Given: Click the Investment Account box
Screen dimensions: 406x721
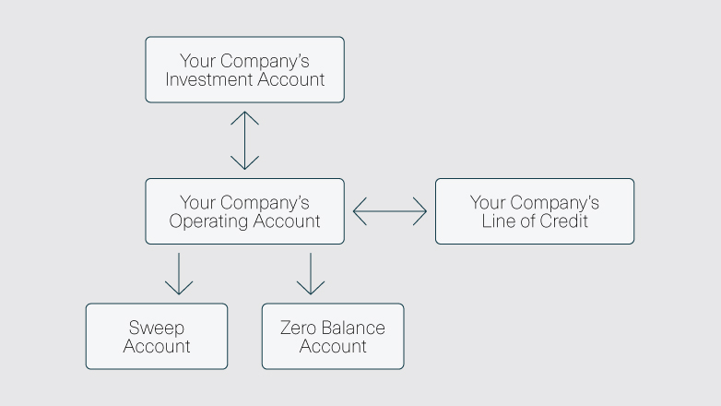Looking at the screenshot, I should point(244,69).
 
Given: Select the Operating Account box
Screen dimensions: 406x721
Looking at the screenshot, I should point(244,211).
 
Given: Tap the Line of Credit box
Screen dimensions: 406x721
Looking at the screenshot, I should point(534,211).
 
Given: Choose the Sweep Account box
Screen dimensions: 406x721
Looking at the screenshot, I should point(156,337).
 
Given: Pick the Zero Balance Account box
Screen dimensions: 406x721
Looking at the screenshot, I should point(333,337).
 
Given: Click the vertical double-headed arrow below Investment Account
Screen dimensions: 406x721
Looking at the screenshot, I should point(244,140).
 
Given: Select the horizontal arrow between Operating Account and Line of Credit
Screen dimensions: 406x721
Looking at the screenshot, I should point(390,211).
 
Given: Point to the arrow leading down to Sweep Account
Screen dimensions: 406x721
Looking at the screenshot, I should point(178,273).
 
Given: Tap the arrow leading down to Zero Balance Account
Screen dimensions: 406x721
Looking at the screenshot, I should point(311,273).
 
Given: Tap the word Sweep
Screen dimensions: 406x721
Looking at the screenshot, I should point(156,328).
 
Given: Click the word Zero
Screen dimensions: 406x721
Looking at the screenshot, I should point(300,328).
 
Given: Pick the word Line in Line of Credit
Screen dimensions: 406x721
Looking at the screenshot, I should point(497,221).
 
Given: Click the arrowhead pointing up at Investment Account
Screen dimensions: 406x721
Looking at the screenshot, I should point(244,116).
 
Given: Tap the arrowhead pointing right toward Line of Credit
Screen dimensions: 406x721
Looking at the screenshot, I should point(420,211).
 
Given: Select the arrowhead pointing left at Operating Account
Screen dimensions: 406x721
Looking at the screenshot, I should point(360,211).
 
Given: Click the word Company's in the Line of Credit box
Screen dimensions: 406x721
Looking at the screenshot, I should point(555,202).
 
